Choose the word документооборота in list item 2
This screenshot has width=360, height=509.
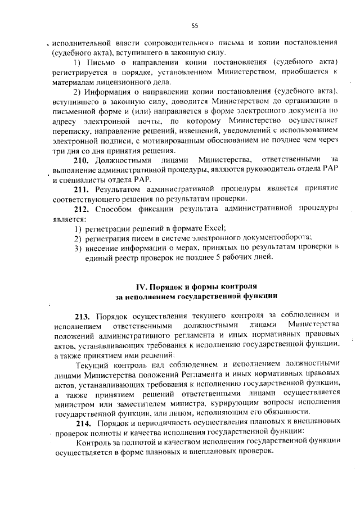pos(279,237)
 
